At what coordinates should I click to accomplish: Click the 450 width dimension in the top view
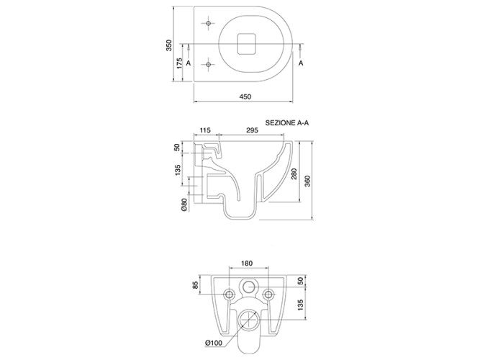pyautogui.click(x=245, y=96)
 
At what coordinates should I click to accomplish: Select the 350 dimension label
pyautogui.click(x=169, y=45)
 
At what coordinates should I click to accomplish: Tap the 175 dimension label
pyautogui.click(x=180, y=63)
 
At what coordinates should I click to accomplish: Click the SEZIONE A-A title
pyautogui.click(x=287, y=123)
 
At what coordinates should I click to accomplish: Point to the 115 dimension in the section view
pyautogui.click(x=205, y=130)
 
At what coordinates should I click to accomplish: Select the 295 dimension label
pyautogui.click(x=252, y=130)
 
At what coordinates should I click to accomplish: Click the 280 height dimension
pyautogui.click(x=294, y=174)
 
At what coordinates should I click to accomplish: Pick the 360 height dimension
pyautogui.click(x=308, y=181)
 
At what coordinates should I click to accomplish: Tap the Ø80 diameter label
pyautogui.click(x=184, y=204)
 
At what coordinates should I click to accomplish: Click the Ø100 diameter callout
pyautogui.click(x=214, y=343)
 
